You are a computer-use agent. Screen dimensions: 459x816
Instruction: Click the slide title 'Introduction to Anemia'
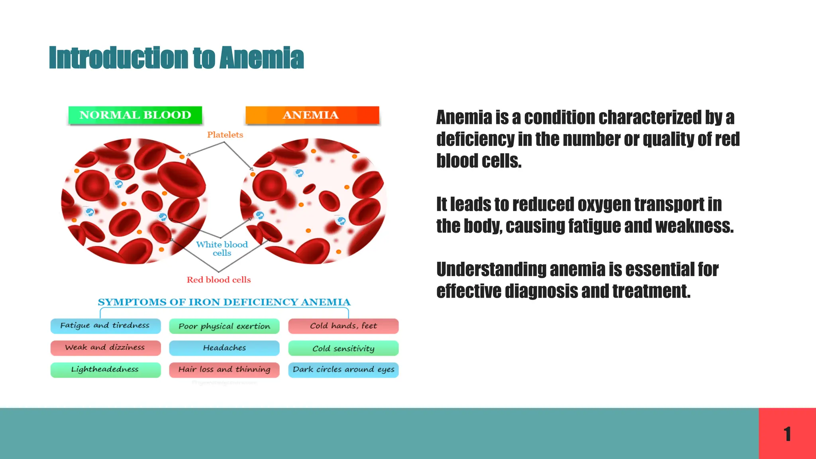click(176, 58)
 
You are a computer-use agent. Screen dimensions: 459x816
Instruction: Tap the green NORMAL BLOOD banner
click(135, 115)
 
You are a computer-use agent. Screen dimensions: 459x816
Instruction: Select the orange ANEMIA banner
click(312, 115)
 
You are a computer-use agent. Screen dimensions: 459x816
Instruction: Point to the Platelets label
click(225, 135)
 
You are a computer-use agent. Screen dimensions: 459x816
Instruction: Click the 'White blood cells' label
click(222, 249)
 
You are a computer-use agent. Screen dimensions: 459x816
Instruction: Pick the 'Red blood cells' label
click(219, 280)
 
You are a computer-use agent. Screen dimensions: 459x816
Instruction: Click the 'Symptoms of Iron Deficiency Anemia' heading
click(224, 302)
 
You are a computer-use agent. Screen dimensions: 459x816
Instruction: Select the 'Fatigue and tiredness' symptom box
click(105, 326)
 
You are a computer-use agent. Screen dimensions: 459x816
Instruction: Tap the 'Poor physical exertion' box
click(224, 326)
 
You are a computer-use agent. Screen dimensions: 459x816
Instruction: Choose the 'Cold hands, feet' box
click(343, 326)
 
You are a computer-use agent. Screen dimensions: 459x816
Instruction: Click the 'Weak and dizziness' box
click(105, 347)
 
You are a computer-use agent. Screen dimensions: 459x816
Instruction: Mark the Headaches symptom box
click(224, 348)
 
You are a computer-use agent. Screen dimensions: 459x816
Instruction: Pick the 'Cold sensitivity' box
click(343, 348)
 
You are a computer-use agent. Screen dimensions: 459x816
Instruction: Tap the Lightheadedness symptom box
click(105, 369)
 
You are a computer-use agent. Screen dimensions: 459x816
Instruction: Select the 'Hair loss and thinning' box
click(224, 369)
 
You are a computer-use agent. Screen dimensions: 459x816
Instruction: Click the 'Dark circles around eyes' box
click(343, 369)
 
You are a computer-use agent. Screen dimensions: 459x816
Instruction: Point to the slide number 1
click(787, 434)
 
